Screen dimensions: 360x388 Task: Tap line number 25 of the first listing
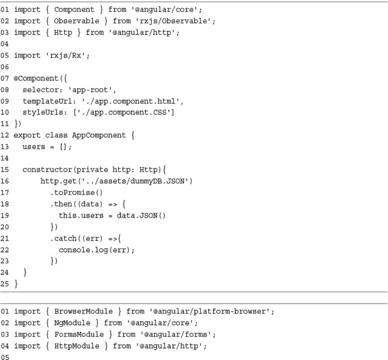click(x=5, y=262)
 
